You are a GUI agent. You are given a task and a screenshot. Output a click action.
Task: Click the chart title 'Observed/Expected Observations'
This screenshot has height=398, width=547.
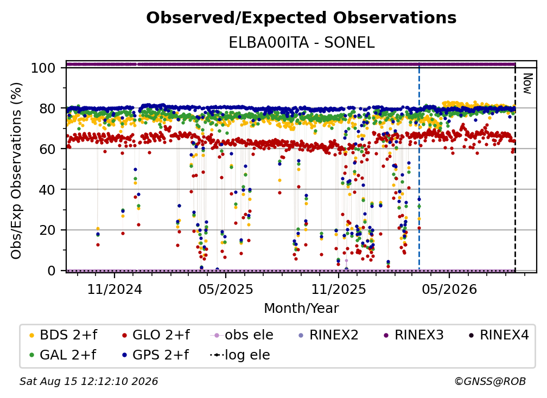[x=301, y=18]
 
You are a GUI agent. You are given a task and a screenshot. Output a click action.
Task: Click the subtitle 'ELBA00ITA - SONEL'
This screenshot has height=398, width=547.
[x=301, y=43]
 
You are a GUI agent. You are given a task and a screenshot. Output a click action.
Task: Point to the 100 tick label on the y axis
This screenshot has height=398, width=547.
[x=43, y=68]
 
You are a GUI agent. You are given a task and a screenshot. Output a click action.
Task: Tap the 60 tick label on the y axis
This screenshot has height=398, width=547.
[x=47, y=149]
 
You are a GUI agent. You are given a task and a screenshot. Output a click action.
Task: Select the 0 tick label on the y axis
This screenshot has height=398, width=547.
[x=52, y=271]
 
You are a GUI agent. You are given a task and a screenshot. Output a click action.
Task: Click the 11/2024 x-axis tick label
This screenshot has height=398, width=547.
[x=115, y=289]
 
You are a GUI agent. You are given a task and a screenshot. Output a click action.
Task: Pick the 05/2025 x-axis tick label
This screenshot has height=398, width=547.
[x=226, y=289]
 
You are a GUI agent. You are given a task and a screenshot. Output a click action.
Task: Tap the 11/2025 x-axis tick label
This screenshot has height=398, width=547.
[x=339, y=289]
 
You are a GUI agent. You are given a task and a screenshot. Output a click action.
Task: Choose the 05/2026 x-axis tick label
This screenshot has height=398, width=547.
[x=449, y=289]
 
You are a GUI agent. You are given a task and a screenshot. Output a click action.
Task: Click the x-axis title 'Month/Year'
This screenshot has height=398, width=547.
[x=301, y=309]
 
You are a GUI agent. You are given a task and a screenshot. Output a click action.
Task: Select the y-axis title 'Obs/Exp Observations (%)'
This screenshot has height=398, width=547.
[x=16, y=170]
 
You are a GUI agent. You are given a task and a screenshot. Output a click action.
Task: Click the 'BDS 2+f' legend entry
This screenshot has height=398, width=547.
[x=64, y=335]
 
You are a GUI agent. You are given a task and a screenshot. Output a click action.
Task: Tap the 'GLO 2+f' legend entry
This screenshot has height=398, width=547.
[x=156, y=335]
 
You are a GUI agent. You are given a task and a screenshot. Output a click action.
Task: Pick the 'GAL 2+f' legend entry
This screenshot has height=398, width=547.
[x=63, y=355]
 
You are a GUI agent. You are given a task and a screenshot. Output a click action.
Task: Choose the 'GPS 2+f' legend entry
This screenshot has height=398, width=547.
[x=156, y=355]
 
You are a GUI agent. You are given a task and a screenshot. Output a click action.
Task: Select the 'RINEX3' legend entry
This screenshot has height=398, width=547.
[x=414, y=335]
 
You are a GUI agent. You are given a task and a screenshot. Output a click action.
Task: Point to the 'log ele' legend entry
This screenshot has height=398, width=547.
[x=240, y=355]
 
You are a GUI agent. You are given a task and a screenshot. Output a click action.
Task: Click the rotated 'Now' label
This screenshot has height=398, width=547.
[x=527, y=84]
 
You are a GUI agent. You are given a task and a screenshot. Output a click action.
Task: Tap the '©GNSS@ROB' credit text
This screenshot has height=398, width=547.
[x=490, y=382]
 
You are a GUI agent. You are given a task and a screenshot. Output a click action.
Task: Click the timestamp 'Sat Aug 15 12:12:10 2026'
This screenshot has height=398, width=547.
[x=89, y=382]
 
